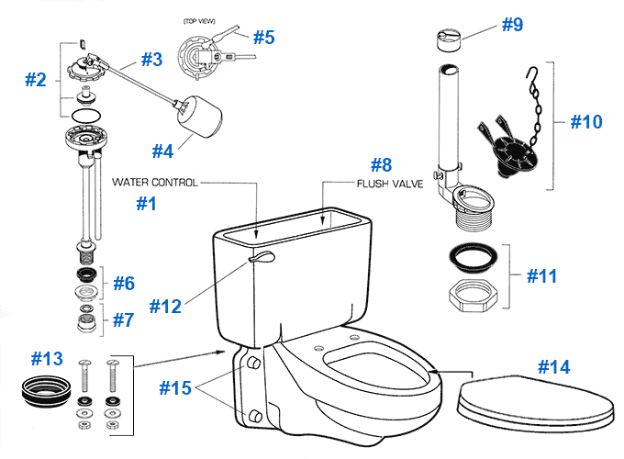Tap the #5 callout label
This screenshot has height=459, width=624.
pyautogui.click(x=264, y=38)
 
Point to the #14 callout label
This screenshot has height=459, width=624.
pyautogui.click(x=554, y=367)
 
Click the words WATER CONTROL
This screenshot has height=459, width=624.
pyautogui.click(x=155, y=183)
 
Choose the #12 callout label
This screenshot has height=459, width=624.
pyautogui.click(x=172, y=305)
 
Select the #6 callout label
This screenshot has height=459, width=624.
pyautogui.click(x=124, y=283)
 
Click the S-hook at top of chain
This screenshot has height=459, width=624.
pyautogui.click(x=529, y=75)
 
